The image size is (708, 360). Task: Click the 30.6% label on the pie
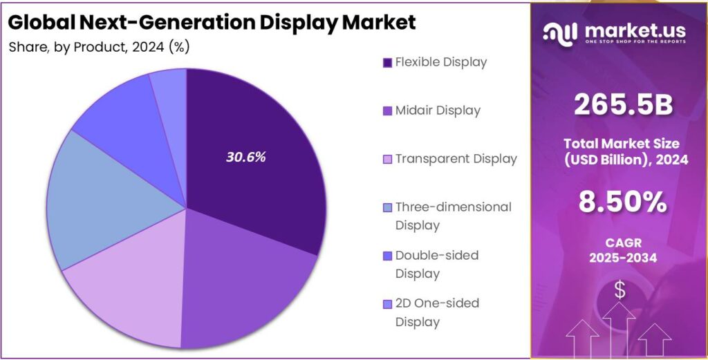pyautogui.click(x=245, y=157)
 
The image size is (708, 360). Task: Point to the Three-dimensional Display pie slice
pyautogui.click(x=104, y=200)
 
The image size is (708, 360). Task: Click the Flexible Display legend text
pyautogui.click(x=440, y=62)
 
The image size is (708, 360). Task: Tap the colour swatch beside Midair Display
pyautogui.click(x=387, y=111)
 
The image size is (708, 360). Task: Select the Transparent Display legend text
pyautogui.click(x=456, y=159)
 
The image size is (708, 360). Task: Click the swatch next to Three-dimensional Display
pyautogui.click(x=387, y=207)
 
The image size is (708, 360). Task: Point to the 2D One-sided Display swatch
pyautogui.click(x=387, y=303)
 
